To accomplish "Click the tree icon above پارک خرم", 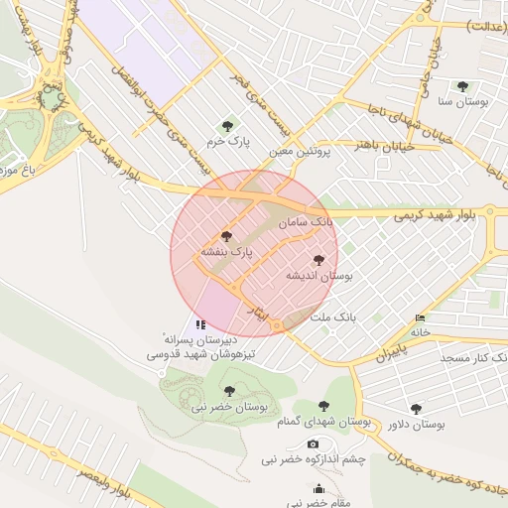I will [x=227, y=126].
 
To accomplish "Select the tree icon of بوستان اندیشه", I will [x=317, y=260].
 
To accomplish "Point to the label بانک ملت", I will [x=332, y=317].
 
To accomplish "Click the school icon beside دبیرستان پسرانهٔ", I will [x=201, y=324].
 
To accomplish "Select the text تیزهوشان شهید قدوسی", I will [x=201, y=353].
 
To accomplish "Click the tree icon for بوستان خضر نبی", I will [x=229, y=391].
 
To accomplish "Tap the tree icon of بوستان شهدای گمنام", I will [x=323, y=406].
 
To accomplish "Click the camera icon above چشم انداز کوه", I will [x=314, y=444].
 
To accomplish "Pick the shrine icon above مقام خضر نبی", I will [x=318, y=488].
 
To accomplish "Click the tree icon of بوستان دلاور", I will [x=416, y=408].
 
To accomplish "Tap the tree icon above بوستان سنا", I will [x=462, y=86].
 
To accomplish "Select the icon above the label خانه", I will [x=421, y=318].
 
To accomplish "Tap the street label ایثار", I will [x=256, y=316].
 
